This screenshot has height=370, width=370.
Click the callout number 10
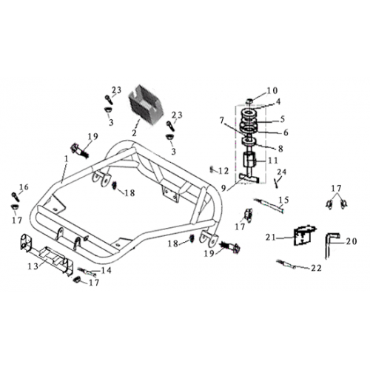(272, 91)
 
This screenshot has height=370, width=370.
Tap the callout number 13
(33, 266)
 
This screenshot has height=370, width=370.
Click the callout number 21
(271, 238)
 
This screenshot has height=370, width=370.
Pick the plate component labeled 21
(303, 235)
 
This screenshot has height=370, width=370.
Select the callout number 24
(282, 172)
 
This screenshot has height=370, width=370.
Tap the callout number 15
(284, 200)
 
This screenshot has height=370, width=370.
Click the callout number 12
(223, 171)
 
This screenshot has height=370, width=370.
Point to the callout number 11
(273, 161)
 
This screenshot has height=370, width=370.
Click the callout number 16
(24, 187)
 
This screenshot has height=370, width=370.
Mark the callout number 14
(107, 270)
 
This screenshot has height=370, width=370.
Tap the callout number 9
(223, 188)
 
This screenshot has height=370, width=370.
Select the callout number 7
(221, 121)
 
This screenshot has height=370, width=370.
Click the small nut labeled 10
(249, 101)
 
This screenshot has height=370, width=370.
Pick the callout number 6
(286, 132)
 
